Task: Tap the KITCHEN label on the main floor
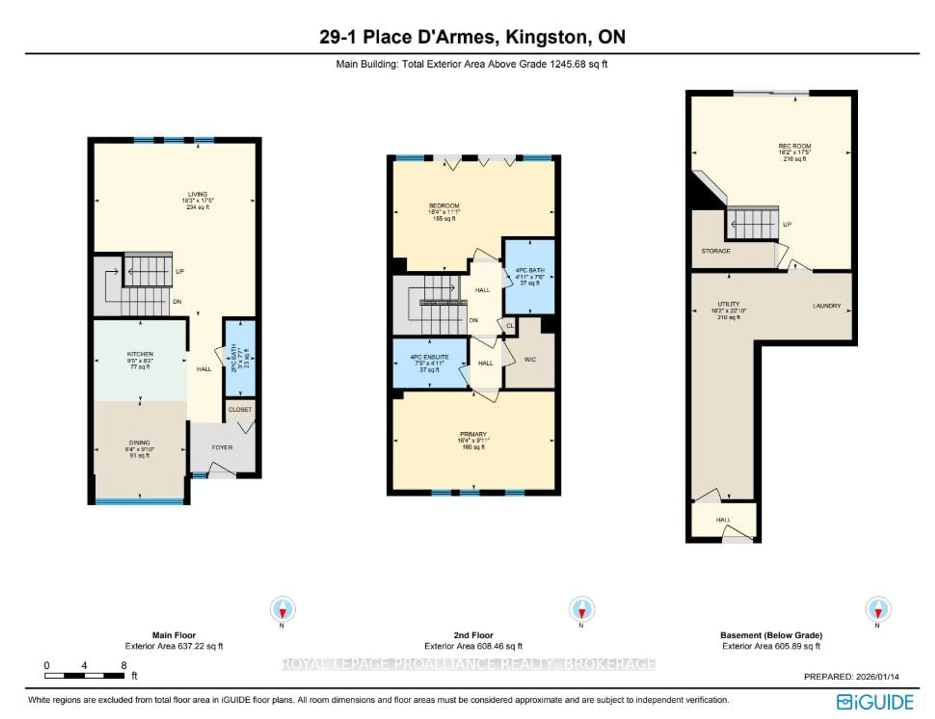click(x=140, y=354)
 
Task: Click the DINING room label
click(x=140, y=443)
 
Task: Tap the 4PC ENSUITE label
click(x=429, y=357)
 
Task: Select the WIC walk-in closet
click(x=530, y=359)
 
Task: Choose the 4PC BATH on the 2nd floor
click(x=530, y=271)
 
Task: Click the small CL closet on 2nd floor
click(x=510, y=326)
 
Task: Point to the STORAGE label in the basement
click(x=715, y=251)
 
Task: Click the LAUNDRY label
click(x=826, y=306)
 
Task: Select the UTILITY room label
click(x=728, y=304)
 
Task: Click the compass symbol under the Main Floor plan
click(x=282, y=609)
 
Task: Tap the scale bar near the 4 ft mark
click(x=84, y=676)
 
